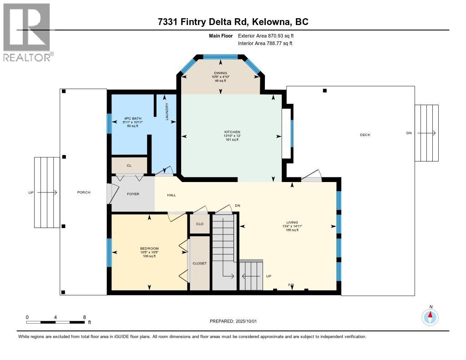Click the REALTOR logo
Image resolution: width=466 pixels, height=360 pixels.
pos(27,32)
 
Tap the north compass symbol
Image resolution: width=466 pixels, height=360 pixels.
pos(430,316)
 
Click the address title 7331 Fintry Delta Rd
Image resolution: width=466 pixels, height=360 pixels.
pos(233,22)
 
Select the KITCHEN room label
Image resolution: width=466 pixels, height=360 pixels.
pos(232,132)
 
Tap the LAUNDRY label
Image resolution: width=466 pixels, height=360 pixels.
pos(167,112)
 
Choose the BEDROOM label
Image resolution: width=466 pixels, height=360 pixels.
pos(149,248)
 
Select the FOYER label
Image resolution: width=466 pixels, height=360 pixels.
pos(133,194)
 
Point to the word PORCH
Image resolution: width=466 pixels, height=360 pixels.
pos(84,193)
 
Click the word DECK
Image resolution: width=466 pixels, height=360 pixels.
pos(365,135)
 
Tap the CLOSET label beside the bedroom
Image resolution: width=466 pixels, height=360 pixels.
pos(199,264)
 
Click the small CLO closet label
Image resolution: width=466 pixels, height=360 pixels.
pos(199,224)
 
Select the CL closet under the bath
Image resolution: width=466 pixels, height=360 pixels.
pos(129,166)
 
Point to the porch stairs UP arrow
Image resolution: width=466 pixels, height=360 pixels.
pos(47,193)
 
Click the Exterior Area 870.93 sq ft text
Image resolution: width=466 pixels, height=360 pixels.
pos(269,35)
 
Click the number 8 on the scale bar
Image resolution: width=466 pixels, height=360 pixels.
pos(85,317)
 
